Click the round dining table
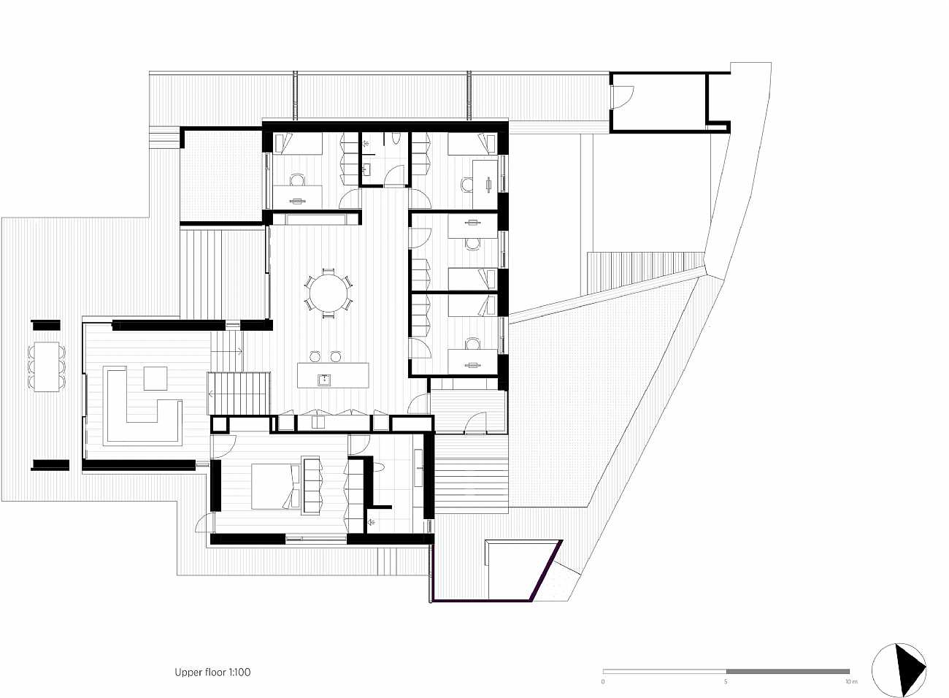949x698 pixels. [x=328, y=294]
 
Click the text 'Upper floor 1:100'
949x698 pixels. [x=212, y=672]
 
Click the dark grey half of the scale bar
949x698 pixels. [x=788, y=671]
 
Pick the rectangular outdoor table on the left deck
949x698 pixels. [x=47, y=367]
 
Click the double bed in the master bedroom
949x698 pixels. [x=276, y=486]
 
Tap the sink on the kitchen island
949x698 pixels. [x=326, y=380]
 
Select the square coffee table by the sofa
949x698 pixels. [x=155, y=378]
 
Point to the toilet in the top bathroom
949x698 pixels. [x=396, y=139]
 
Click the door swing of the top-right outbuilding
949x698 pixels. [x=622, y=96]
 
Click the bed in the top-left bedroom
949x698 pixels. [x=297, y=143]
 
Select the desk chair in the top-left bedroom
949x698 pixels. [x=297, y=180]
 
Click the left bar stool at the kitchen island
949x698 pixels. [x=315, y=356]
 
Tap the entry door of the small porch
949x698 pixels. [x=475, y=423]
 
